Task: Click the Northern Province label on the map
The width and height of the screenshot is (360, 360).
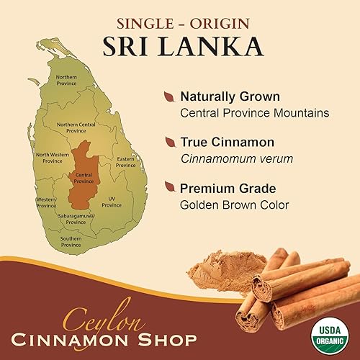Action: tap(66, 79)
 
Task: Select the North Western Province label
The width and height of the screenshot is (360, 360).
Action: tap(53, 157)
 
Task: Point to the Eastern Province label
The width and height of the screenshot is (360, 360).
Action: tap(126, 162)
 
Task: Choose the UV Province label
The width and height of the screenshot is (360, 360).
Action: tap(112, 202)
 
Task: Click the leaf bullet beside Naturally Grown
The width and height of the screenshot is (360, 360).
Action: tap(168, 96)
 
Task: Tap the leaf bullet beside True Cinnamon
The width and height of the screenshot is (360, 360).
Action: tap(168, 142)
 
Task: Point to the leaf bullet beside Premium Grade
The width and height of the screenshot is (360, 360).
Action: tap(168, 187)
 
